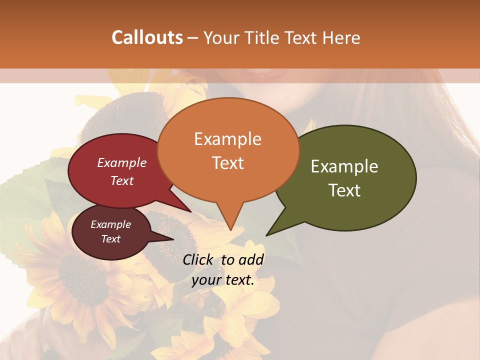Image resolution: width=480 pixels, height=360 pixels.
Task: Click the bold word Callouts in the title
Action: [x=147, y=37]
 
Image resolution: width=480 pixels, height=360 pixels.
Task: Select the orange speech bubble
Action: [x=227, y=150]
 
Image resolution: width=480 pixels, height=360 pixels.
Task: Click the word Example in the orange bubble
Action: [x=227, y=138]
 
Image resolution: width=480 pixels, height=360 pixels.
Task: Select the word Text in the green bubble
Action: [x=345, y=190]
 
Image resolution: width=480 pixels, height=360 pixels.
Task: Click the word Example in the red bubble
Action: [x=122, y=162]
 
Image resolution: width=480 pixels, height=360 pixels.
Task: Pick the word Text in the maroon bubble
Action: [x=110, y=239]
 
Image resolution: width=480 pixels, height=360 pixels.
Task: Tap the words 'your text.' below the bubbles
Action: [x=223, y=280]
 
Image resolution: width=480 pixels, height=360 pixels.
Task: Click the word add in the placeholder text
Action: [x=251, y=259]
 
